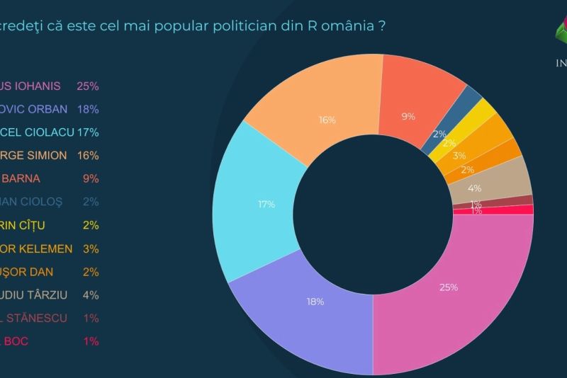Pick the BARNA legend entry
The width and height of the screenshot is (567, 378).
coord(21,178)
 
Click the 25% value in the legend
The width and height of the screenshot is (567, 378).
coord(88,86)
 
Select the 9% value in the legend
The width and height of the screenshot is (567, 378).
coord(91,178)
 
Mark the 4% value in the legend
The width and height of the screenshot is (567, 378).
coord(91,295)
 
